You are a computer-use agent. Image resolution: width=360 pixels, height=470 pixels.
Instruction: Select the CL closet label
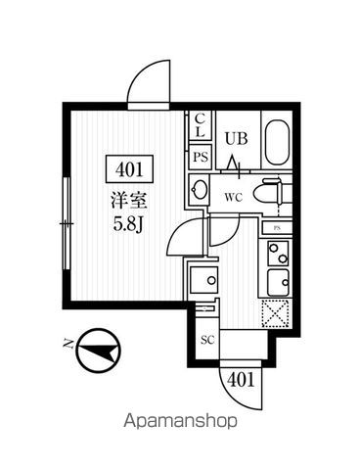point(200,125)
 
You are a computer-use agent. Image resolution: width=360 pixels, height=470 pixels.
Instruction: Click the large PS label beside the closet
point(200,157)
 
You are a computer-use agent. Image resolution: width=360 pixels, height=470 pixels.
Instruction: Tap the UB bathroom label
point(235,138)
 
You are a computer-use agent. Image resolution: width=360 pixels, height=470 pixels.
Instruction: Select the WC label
point(234,196)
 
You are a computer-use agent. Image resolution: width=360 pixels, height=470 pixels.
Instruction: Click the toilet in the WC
point(268,195)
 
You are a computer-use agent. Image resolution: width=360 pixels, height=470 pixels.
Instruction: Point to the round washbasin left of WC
point(200,190)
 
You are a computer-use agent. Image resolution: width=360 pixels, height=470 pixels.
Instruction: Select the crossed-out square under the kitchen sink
point(277,314)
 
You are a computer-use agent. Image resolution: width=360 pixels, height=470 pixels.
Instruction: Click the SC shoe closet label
point(207,340)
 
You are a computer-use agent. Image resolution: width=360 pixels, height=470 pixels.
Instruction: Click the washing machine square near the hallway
point(203,280)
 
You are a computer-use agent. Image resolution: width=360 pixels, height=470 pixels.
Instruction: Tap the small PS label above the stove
point(277,228)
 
